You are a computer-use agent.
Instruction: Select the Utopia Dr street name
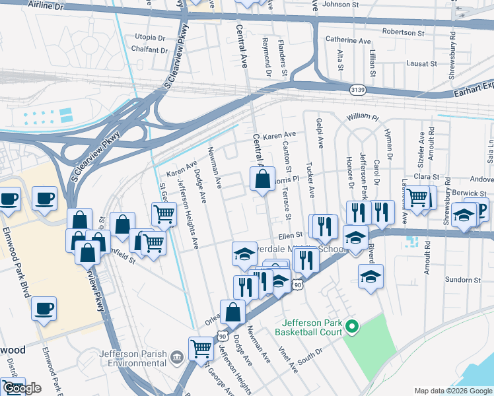149,38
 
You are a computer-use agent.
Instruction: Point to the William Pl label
363,117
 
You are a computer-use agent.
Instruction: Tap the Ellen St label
290,234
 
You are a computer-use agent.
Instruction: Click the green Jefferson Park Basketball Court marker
352,327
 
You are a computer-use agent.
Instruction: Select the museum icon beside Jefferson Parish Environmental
176,357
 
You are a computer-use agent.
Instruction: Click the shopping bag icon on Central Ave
262,179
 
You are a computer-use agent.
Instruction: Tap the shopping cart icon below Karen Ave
164,214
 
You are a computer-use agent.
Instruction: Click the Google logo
22,389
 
